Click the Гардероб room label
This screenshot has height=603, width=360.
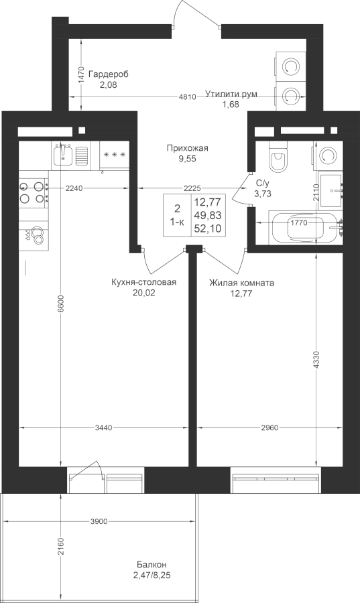click(x=108, y=74)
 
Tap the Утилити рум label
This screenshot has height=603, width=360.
click(x=231, y=94)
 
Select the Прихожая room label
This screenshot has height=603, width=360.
click(x=187, y=148)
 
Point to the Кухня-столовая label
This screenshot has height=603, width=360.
click(x=143, y=283)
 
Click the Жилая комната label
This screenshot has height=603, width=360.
click(x=241, y=283)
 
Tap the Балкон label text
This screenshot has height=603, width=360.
click(x=152, y=565)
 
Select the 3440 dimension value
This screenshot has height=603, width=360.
click(x=104, y=427)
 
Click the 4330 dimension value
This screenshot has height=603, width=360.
click(x=316, y=360)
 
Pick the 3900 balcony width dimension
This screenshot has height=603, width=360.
click(x=98, y=521)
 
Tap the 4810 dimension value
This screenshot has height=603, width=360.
click(x=188, y=97)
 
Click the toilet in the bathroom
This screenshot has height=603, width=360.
click(x=278, y=157)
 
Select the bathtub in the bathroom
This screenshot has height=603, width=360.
click(x=304, y=228)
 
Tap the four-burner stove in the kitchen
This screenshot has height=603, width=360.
click(x=33, y=193)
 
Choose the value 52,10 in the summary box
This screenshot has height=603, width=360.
click(x=208, y=228)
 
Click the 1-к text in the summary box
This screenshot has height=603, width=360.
click(x=177, y=222)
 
